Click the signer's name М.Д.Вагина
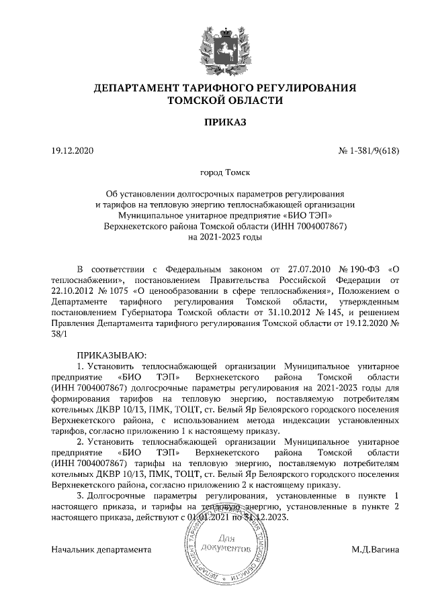pos(375,550)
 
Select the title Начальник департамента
pos(101,550)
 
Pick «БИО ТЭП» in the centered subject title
pos(306,215)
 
